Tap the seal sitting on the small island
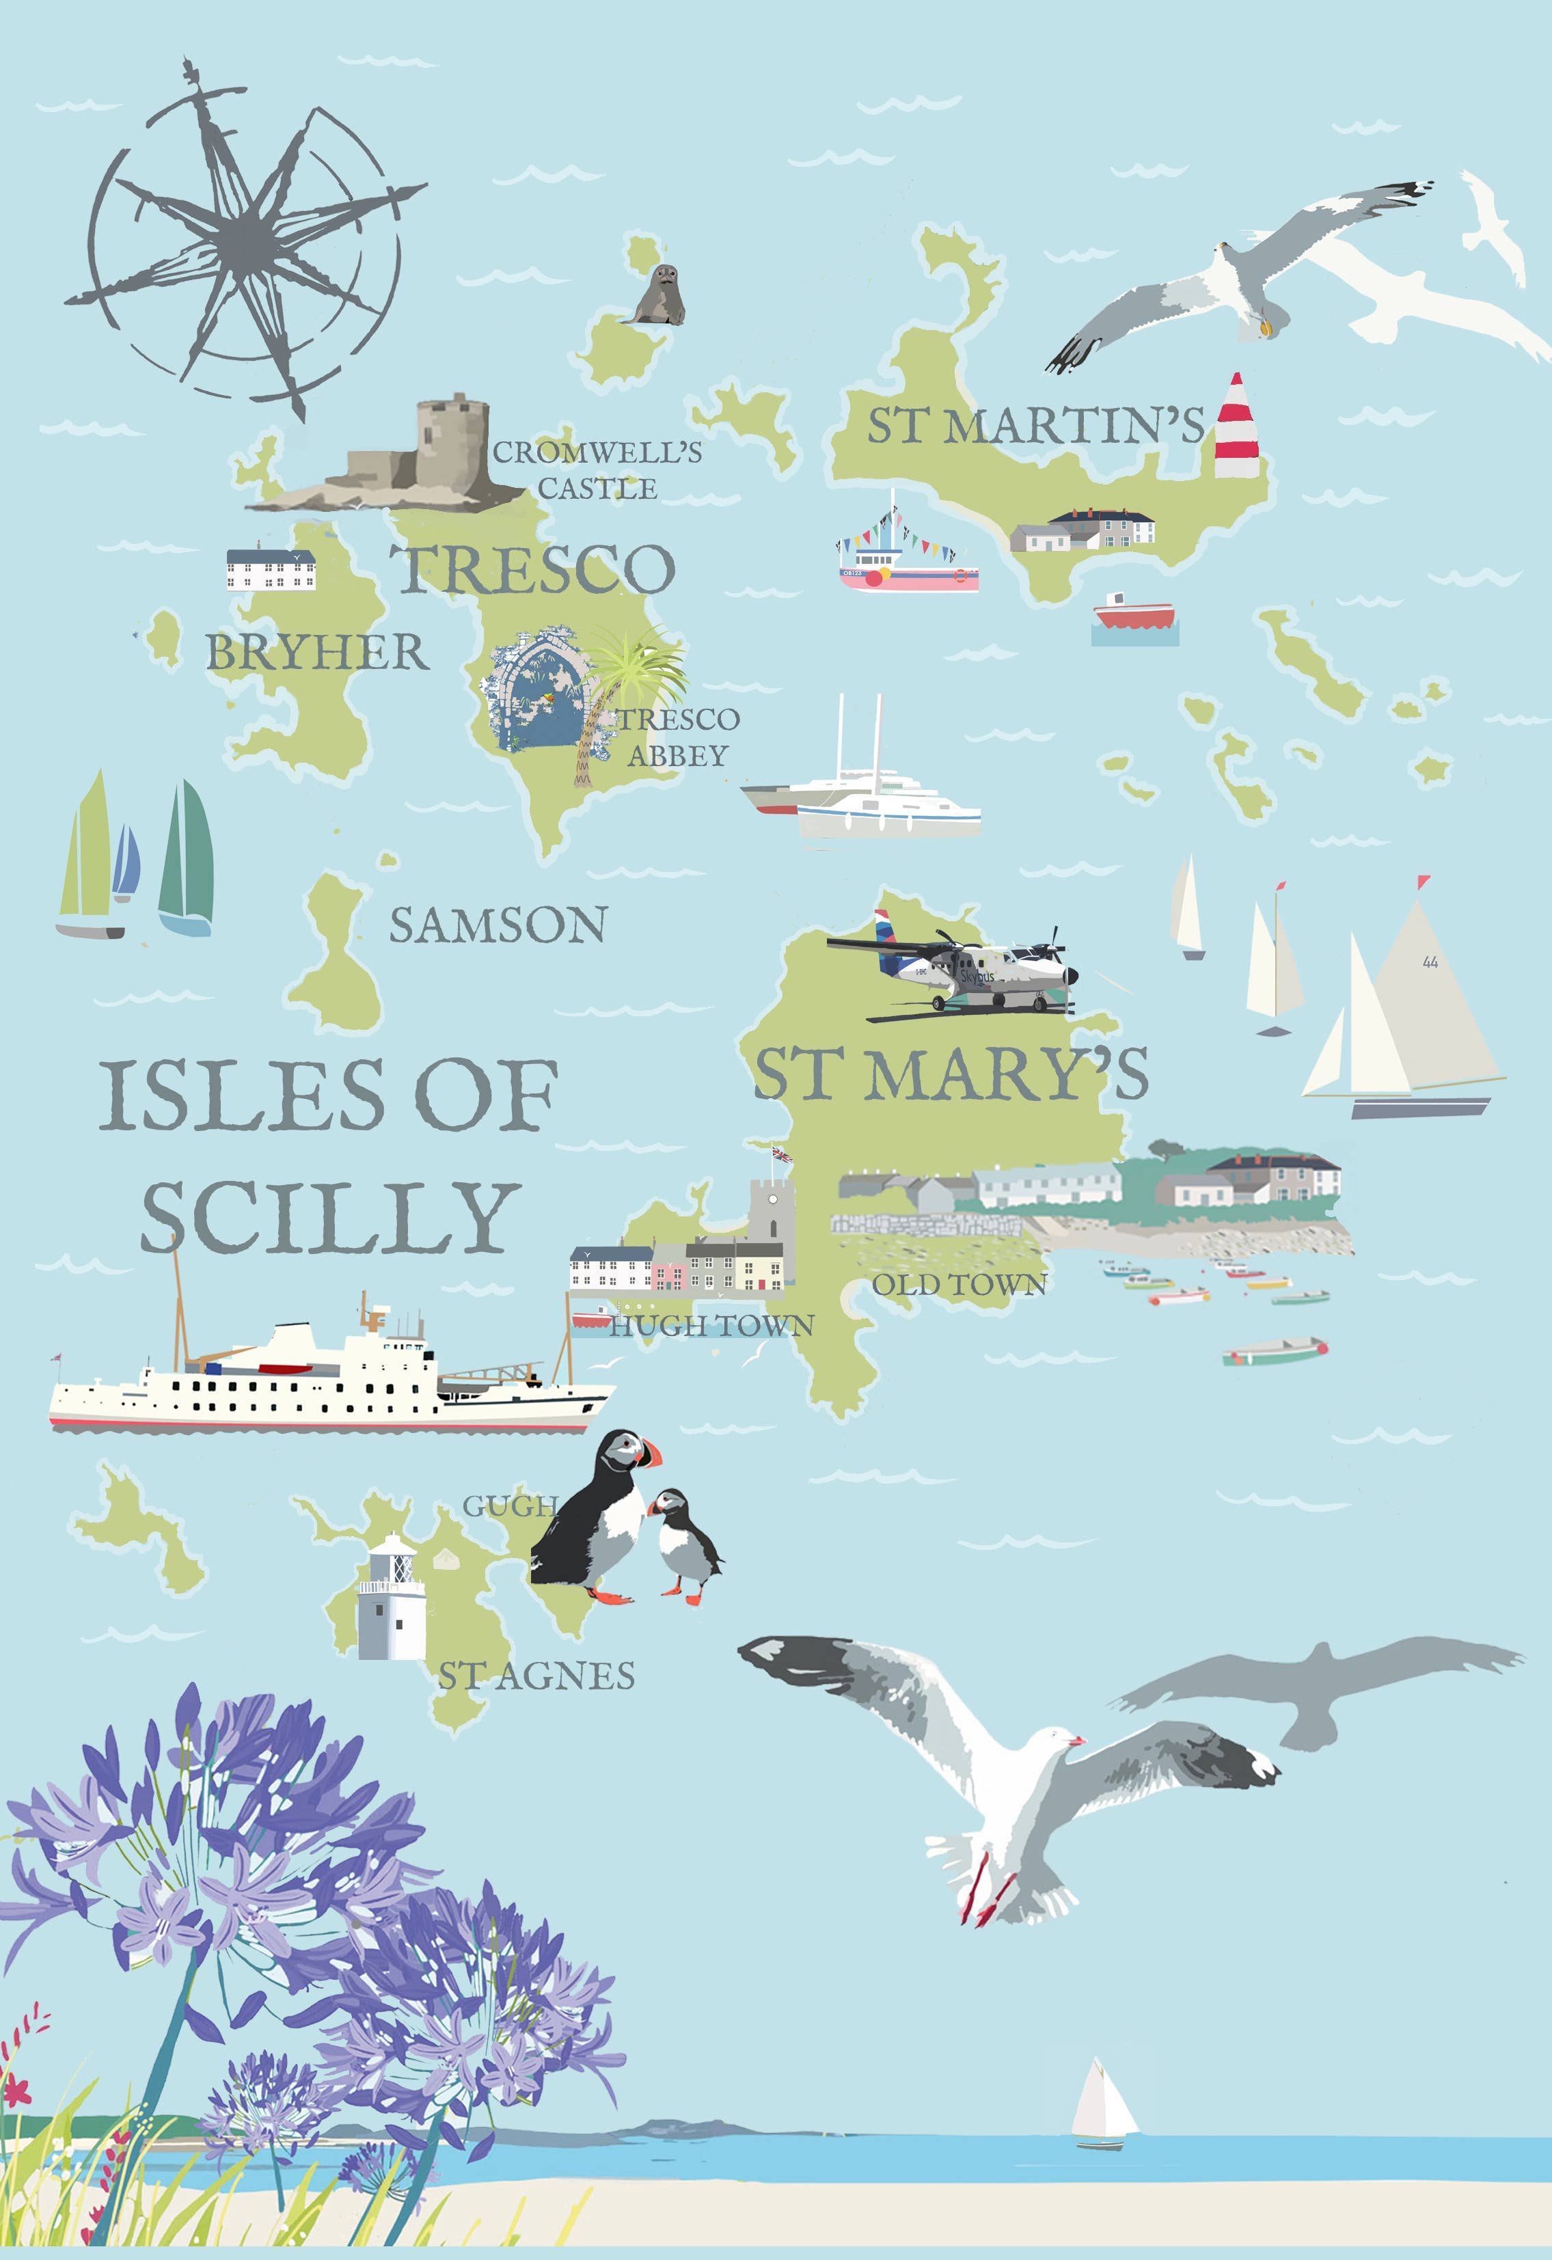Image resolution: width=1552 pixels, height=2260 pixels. pos(658,296)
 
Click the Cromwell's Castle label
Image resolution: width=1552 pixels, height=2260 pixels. pos(597,469)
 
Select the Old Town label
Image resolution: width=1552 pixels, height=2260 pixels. pos(959,1285)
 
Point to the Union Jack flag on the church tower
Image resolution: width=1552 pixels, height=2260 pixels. pos(782,1154)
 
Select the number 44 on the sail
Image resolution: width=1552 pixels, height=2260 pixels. pos(1430,962)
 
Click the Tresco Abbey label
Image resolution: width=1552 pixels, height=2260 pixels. pos(679,737)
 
